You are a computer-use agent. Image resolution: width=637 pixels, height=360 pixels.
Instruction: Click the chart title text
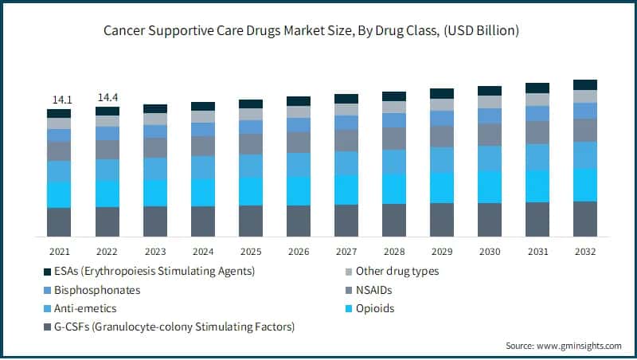click(318, 31)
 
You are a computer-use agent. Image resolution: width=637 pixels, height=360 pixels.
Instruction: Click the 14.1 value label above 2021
click(59, 100)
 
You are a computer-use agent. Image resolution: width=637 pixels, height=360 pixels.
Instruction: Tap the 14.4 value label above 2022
click(107, 97)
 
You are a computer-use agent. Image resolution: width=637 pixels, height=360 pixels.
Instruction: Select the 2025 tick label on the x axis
click(251, 250)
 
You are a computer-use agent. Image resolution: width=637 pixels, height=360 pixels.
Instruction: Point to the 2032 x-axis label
click(585, 250)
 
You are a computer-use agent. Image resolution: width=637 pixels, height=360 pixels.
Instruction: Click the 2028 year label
click(394, 250)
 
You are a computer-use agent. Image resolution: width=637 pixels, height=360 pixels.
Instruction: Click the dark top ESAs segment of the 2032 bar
click(585, 84)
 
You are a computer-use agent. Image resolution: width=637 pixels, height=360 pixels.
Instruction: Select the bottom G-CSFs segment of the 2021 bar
click(59, 222)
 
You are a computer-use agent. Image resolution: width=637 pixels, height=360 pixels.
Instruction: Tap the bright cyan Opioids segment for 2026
click(299, 190)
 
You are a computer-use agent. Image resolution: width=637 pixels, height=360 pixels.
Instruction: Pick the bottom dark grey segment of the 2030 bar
click(490, 220)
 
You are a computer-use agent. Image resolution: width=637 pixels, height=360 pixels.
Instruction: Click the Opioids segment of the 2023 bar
click(155, 193)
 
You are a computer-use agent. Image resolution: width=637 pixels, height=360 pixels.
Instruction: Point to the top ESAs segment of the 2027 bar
click(346, 99)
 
